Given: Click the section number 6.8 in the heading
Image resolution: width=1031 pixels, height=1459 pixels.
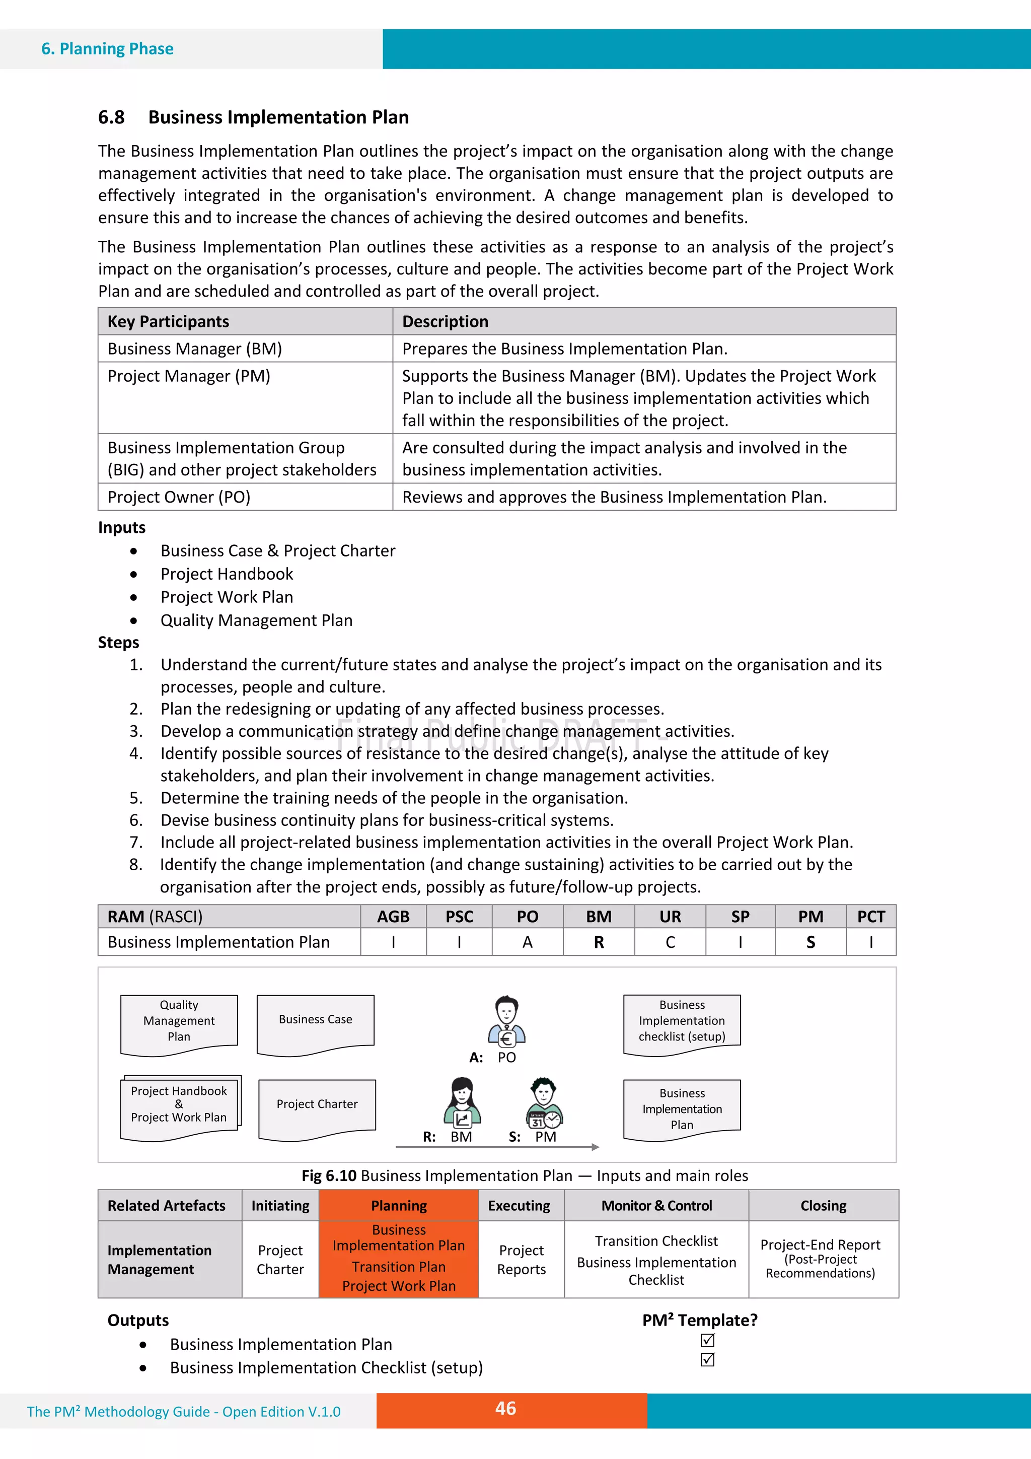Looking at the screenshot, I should [x=111, y=117].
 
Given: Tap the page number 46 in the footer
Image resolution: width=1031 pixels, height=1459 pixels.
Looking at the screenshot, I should [x=505, y=1408].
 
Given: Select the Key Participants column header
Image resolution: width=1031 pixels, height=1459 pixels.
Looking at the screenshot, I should [x=168, y=321].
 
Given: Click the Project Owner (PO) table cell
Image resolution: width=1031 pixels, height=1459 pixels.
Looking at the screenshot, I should [x=179, y=497].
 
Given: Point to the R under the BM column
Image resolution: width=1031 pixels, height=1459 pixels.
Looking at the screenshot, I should [x=599, y=942].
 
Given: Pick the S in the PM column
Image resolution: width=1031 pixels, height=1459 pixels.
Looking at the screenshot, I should [x=810, y=942].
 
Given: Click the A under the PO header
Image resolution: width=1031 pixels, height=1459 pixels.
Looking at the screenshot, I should [x=527, y=942].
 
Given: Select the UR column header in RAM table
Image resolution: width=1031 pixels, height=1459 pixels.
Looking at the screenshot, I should [x=670, y=916].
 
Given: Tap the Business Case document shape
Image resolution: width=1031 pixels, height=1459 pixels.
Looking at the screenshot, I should [x=315, y=1022].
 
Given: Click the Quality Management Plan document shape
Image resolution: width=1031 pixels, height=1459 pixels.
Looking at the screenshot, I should [x=179, y=1022].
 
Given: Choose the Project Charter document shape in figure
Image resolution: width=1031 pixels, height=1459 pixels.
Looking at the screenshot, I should [x=317, y=1106].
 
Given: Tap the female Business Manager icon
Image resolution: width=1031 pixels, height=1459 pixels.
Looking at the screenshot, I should [x=462, y=1102].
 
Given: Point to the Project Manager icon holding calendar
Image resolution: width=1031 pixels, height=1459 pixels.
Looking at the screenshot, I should [x=544, y=1102].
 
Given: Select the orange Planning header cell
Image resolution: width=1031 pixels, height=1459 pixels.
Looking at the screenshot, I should [x=398, y=1206].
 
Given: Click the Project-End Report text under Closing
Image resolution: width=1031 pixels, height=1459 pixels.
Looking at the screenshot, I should [x=820, y=1245].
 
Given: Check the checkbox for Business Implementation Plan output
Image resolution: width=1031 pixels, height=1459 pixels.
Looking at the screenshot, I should [x=707, y=1340].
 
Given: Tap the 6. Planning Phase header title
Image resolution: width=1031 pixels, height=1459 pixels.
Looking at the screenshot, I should [x=107, y=49].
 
